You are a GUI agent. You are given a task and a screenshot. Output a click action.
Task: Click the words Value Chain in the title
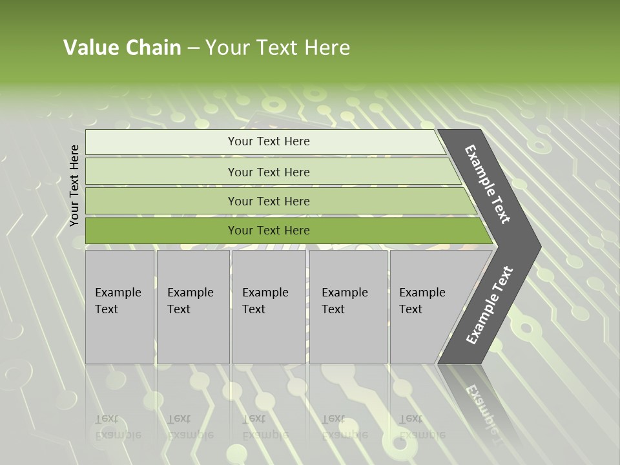[122, 48]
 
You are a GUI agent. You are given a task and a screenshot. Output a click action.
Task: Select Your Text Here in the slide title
[277, 48]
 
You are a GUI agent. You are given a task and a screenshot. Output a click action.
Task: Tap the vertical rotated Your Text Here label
[74, 185]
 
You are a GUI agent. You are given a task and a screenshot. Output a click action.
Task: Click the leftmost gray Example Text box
[119, 307]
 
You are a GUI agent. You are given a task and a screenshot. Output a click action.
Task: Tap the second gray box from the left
[192, 307]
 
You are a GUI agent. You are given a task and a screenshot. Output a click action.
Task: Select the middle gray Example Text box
[269, 307]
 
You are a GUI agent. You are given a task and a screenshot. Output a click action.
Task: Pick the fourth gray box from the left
[347, 307]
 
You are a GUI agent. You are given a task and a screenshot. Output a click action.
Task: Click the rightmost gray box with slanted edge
[426, 307]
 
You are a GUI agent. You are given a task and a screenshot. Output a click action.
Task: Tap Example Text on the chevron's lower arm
[490, 305]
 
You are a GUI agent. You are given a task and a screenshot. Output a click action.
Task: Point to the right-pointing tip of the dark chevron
[537, 246]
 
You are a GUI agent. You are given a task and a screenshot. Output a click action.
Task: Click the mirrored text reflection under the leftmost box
[118, 427]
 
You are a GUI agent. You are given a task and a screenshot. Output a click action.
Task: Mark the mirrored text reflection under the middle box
[265, 427]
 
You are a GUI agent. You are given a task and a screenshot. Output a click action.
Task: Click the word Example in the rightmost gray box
[422, 293]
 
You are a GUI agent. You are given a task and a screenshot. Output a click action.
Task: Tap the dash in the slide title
[193, 48]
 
